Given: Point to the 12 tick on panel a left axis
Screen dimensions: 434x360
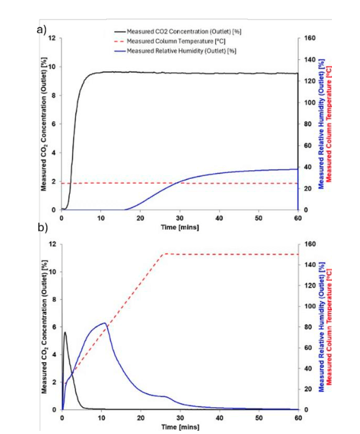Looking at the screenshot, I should point(52,38).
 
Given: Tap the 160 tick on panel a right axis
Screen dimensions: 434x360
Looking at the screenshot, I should point(307,38).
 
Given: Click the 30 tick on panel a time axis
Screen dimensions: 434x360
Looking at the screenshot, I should point(180,218).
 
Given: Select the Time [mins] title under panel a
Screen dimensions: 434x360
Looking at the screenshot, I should point(180,227).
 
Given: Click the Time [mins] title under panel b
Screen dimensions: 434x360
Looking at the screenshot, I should point(180,427).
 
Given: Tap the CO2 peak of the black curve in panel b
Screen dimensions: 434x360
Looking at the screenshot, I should point(65,332).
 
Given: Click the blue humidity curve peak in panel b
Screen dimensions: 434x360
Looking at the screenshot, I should point(104,323).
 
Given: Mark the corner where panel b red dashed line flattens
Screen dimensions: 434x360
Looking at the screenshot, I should point(163,254).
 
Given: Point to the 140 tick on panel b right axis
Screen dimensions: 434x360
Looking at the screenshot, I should point(307,264).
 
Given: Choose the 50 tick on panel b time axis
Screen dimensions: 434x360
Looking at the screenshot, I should point(259,418).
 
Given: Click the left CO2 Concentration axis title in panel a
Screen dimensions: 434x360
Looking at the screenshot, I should point(44,124).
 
